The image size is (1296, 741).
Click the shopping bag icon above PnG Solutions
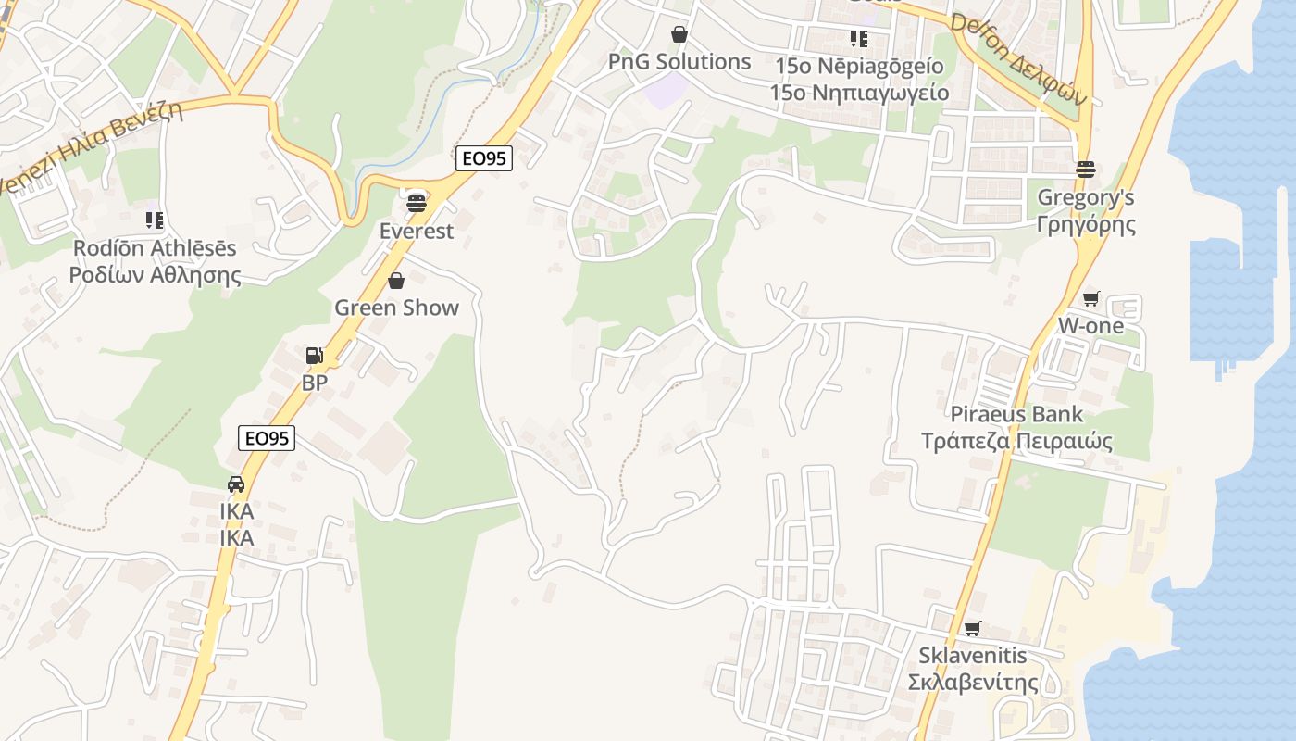tap(679, 34)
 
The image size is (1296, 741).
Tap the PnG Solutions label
tap(679, 62)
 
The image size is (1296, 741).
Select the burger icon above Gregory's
tap(1086, 170)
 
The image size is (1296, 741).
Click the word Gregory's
tap(1086, 197)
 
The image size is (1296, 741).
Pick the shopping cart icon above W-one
tap(1091, 298)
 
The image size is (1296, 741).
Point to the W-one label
tap(1091, 326)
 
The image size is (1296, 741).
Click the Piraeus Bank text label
tap(1016, 414)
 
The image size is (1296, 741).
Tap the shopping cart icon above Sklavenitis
tap(973, 629)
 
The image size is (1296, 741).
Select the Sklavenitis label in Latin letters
tap(973, 656)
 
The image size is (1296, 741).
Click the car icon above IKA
tap(236, 484)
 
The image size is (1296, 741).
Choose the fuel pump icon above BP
tap(315, 355)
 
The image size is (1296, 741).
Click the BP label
tap(315, 383)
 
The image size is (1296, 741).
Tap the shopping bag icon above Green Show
tap(396, 280)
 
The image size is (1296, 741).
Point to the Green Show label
tap(396, 308)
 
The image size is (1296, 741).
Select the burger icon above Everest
tap(417, 202)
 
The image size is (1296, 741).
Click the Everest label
tap(417, 231)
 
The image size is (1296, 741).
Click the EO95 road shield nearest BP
tap(267, 438)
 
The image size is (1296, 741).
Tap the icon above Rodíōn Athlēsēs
tap(155, 220)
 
